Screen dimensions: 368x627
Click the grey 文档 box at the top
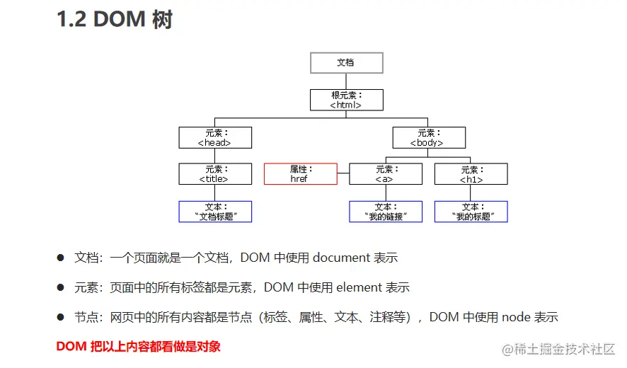click(346, 62)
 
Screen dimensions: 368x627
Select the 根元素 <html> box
click(346, 100)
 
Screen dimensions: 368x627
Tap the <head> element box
click(215, 137)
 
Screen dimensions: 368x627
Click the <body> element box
click(428, 137)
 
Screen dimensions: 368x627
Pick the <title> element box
click(215, 174)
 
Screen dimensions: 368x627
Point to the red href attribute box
click(300, 174)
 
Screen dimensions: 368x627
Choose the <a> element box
click(385, 174)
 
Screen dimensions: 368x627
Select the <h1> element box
click(471, 174)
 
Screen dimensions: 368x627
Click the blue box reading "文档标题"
click(215, 212)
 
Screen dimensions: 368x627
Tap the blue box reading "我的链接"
click(385, 212)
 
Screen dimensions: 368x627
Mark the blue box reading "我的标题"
click(471, 212)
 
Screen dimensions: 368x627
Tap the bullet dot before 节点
click(61, 317)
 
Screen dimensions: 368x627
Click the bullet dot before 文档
click(61, 258)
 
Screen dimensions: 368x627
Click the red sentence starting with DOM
click(138, 346)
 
